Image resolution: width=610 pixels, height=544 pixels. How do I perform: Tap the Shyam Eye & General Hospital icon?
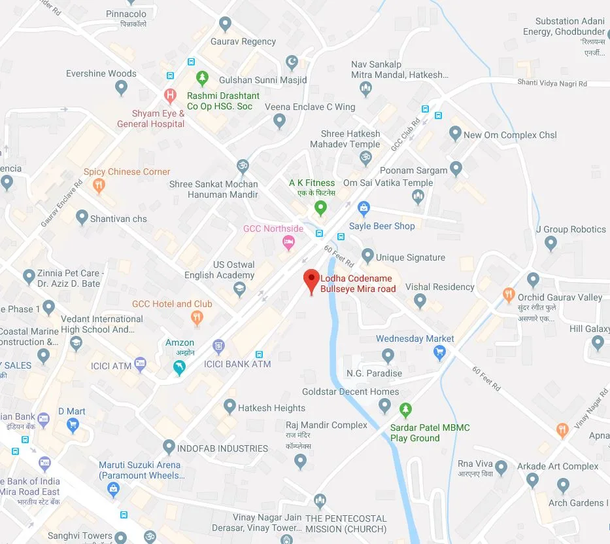tap(170, 96)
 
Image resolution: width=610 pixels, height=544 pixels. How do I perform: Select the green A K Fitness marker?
tap(320, 209)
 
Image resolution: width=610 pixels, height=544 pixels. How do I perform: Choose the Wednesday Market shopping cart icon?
tap(440, 353)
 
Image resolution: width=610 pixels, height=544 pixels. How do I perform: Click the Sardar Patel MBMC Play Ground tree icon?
tap(405, 410)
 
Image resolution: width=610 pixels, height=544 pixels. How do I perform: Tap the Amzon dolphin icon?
tap(179, 369)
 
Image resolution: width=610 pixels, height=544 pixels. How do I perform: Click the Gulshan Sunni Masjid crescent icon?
tap(293, 63)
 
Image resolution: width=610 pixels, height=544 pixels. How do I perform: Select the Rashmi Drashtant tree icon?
tap(202, 78)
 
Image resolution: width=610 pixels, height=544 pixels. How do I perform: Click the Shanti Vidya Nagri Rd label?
tap(552, 83)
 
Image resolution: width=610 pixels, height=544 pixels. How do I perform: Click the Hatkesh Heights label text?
tap(271, 408)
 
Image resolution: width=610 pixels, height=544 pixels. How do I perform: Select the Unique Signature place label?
tap(411, 257)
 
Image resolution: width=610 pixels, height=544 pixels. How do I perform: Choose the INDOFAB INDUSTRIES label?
tap(224, 448)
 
